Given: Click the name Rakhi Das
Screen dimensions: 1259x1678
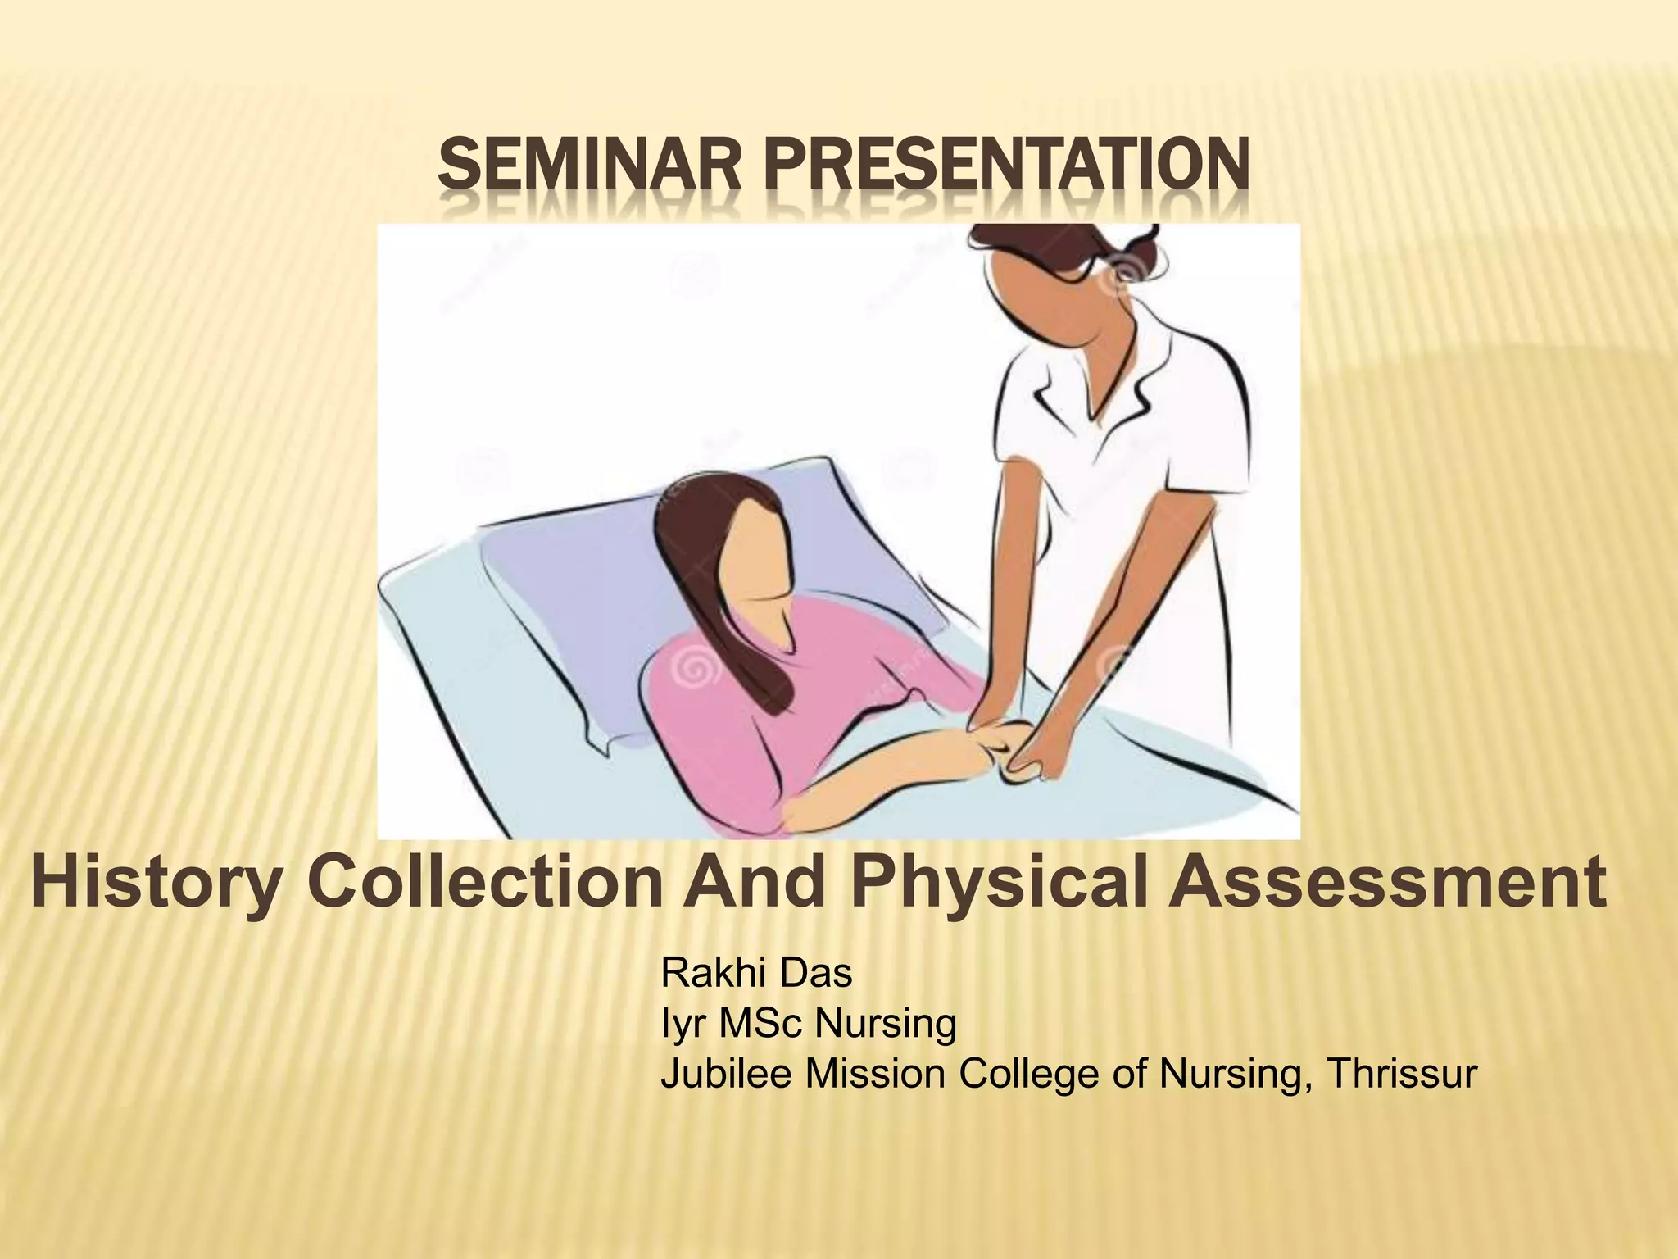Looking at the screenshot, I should coord(755,974).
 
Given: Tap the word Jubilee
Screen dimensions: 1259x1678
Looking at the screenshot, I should coord(727,1074).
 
